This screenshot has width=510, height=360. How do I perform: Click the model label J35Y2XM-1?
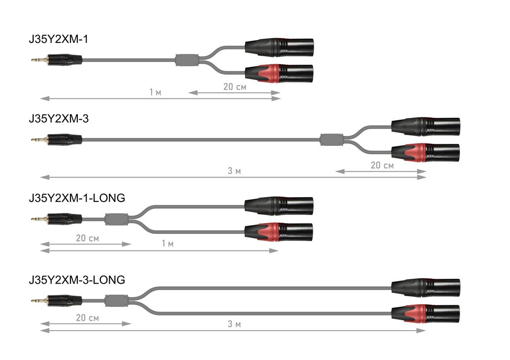[59, 39]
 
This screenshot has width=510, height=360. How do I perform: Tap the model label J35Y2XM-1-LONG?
[77, 198]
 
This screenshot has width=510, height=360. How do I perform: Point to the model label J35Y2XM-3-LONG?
[77, 280]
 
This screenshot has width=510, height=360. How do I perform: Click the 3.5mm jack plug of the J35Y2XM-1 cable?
[59, 61]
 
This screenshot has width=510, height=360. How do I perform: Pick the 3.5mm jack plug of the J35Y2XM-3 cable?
[59, 140]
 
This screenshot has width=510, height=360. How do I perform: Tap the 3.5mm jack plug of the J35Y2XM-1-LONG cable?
[59, 219]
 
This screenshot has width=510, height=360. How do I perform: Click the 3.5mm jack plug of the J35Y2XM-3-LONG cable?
[59, 299]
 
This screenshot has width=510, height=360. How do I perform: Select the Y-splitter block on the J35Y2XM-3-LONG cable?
[116, 299]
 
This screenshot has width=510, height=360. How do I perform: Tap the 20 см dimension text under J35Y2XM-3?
[382, 165]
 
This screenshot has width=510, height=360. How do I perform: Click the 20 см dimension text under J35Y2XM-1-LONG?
[87, 238]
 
